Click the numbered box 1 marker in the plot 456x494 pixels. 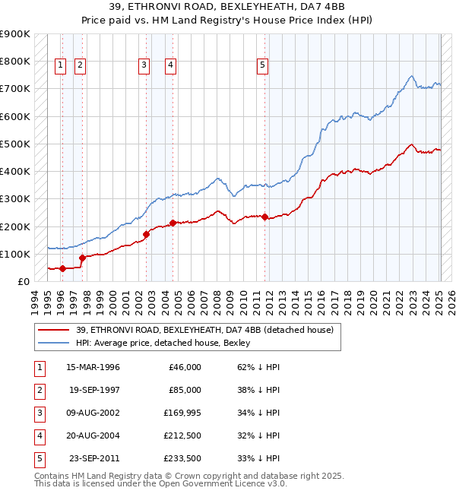point(60,65)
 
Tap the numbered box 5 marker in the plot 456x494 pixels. point(262,65)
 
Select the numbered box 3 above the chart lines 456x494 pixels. point(144,65)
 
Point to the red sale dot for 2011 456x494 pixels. point(264,217)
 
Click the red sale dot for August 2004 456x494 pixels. point(173,223)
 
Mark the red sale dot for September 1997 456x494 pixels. point(82,258)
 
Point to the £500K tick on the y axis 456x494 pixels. point(15,144)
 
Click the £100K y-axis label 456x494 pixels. point(15,254)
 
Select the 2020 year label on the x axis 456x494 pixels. point(373,301)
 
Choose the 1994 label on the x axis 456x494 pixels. point(35,301)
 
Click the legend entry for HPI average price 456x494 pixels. point(163,343)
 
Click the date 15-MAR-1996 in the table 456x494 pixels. point(93,367)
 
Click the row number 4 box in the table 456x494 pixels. point(37,435)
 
